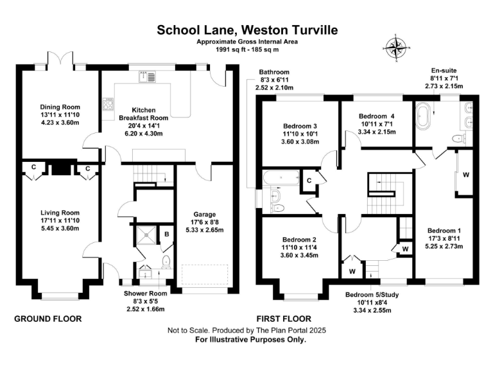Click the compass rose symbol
[x=396, y=48]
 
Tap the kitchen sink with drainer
[x=147, y=77]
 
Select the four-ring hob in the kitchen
[x=108, y=104]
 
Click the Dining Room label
[x=60, y=107]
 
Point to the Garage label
[x=205, y=215]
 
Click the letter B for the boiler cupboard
[x=167, y=234]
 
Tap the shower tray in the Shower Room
[x=146, y=234]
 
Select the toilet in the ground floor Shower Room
[x=166, y=262]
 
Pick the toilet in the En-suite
[x=459, y=139]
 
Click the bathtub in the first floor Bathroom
[x=281, y=178]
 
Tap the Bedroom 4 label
[x=377, y=116]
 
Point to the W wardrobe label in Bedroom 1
[x=466, y=175]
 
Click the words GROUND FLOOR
[x=48, y=319]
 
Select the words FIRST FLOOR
[x=284, y=319]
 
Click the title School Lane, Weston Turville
[x=247, y=30]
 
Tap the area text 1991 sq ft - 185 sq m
[x=247, y=49]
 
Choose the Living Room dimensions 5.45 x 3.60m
[x=60, y=229]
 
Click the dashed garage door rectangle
[x=205, y=275]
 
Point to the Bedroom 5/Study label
[x=372, y=295]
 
